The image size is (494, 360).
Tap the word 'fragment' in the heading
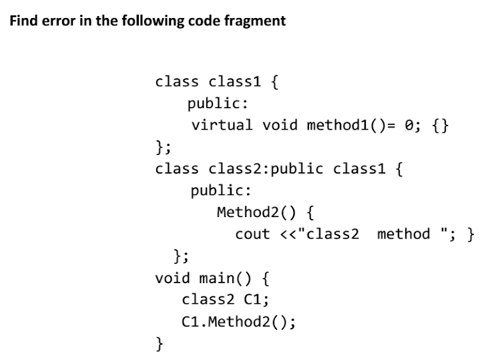click(257, 21)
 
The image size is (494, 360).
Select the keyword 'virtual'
click(222, 125)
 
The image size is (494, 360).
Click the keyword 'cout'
click(252, 234)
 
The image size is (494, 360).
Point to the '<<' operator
click(286, 234)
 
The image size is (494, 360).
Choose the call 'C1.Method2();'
click(238, 321)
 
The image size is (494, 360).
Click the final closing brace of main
click(159, 343)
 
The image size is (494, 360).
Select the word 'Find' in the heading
click(23, 21)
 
